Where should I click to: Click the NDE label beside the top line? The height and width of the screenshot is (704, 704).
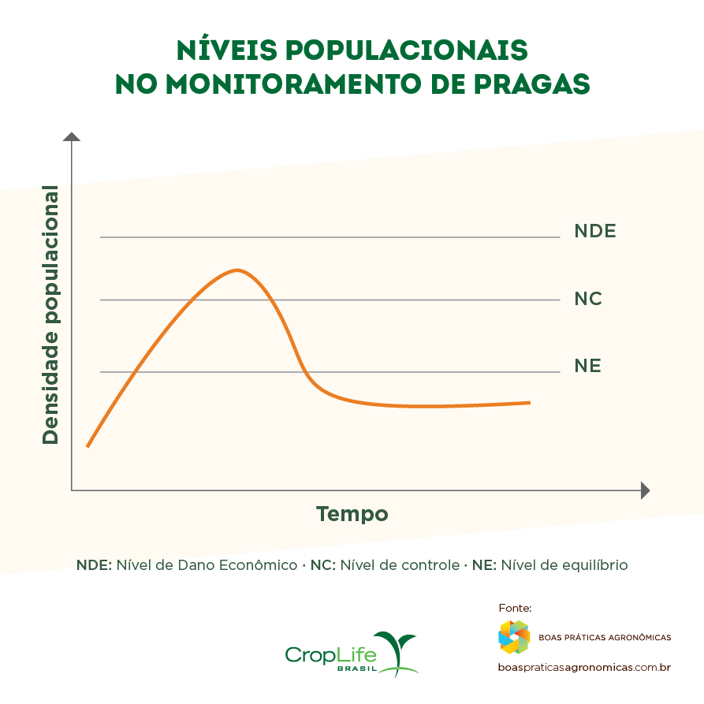tap(594, 232)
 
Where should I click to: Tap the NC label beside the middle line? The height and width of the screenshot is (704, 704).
tap(588, 299)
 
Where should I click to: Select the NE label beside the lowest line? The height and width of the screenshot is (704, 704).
tap(587, 367)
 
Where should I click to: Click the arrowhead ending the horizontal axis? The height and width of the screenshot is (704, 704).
tap(645, 490)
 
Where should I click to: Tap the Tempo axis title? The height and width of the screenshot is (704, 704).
tap(352, 514)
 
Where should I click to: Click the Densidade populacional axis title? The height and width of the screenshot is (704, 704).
tap(50, 315)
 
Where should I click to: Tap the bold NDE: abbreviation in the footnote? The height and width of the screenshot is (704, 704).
tap(95, 565)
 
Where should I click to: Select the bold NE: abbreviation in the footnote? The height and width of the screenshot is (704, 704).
tap(484, 565)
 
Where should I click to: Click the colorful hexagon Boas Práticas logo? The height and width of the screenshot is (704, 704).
tap(514, 637)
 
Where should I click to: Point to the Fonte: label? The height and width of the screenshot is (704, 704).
tap(516, 608)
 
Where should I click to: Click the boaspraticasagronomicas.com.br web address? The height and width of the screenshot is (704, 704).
tap(584, 667)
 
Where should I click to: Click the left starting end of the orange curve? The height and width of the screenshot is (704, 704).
tap(88, 446)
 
